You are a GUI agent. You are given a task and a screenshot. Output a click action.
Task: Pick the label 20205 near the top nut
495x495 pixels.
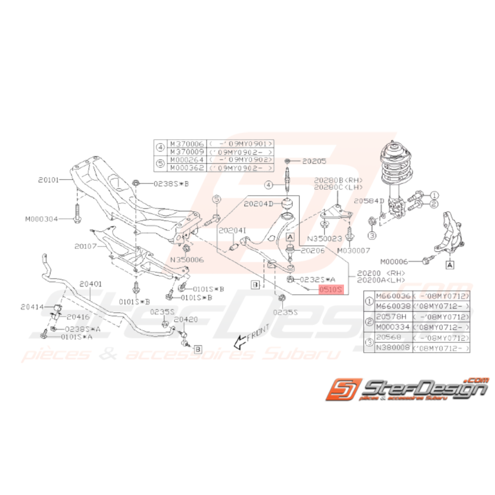click(x=314, y=160)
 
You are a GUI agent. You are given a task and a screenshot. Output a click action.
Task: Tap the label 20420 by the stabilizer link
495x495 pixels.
click(x=186, y=320)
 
